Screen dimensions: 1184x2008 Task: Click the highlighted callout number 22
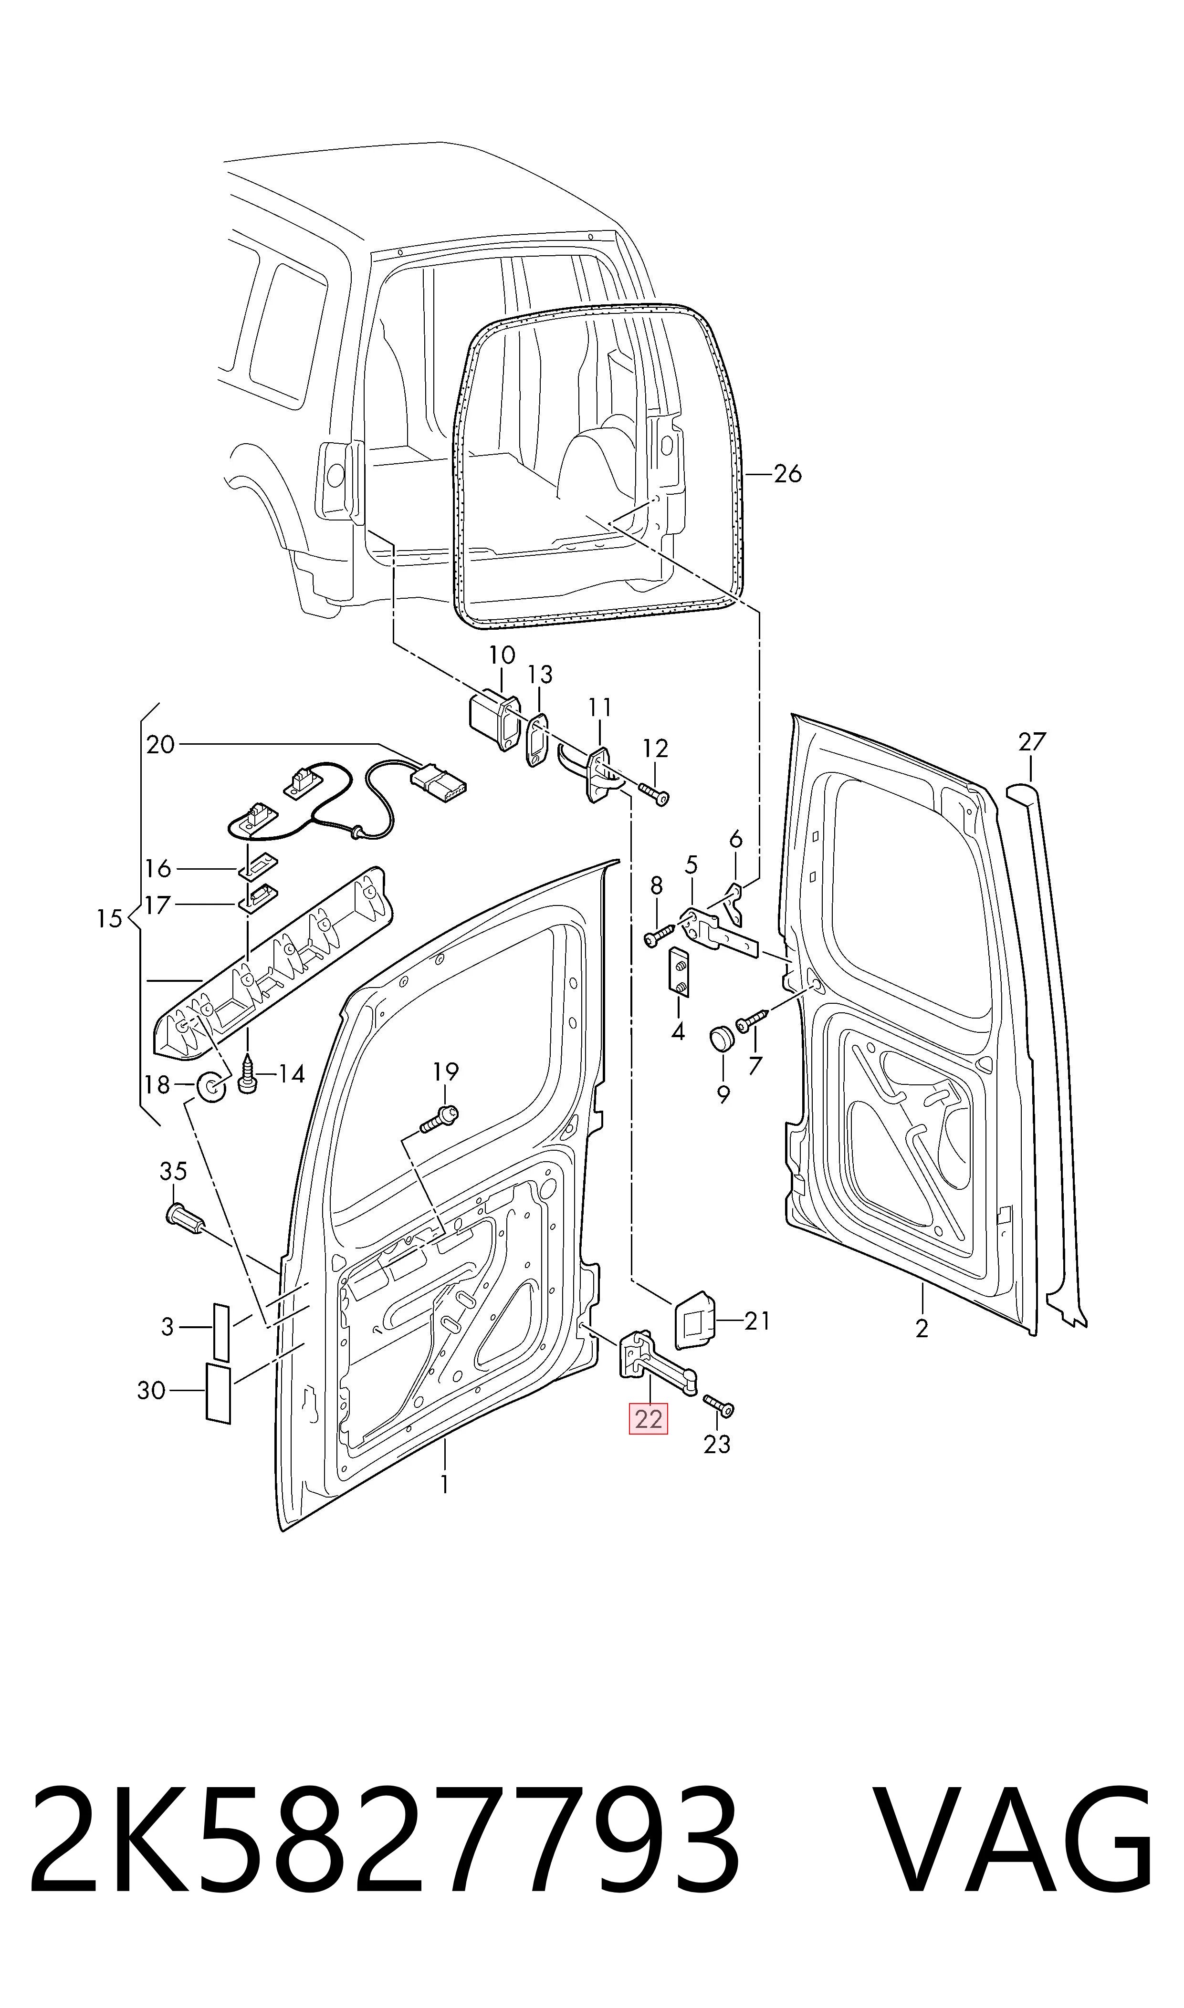[649, 1419]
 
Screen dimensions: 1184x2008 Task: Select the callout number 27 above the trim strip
[1032, 742]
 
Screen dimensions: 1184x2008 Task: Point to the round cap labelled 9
[722, 1040]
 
